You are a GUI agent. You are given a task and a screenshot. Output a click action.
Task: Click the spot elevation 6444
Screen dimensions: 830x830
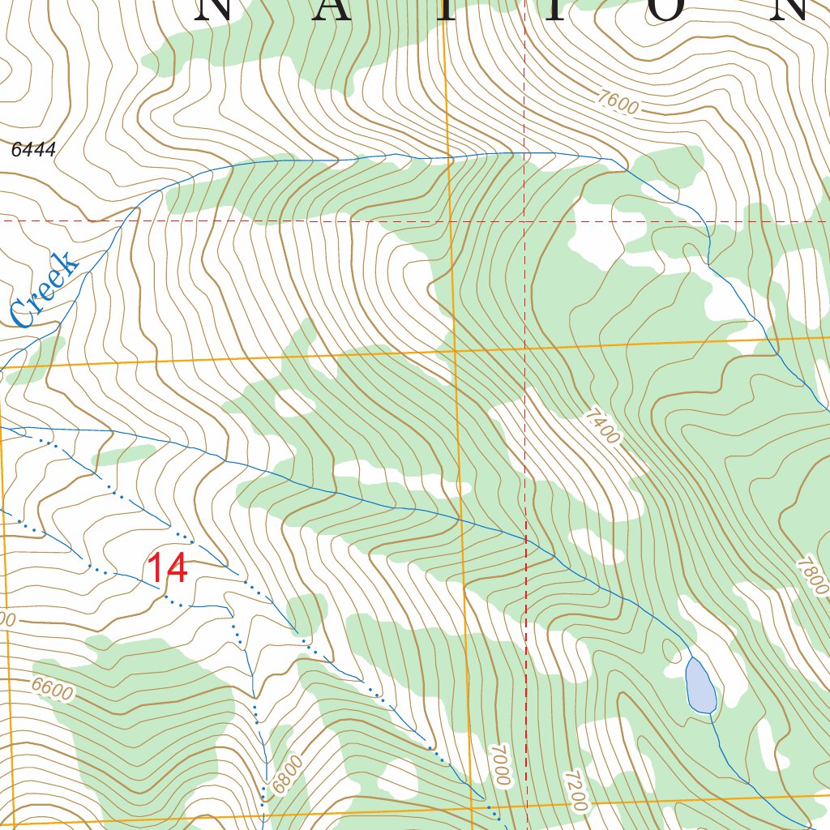click(34, 150)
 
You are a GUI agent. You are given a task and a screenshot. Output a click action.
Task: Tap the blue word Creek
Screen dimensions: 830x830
click(45, 289)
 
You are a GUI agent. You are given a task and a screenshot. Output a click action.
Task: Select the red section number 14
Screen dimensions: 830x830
click(167, 568)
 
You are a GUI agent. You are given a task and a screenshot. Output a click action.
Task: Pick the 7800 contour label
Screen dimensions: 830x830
click(812, 575)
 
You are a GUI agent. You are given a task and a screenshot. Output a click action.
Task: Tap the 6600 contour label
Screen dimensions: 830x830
click(53, 688)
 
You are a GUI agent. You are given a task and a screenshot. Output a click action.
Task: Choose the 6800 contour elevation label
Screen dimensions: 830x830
click(287, 774)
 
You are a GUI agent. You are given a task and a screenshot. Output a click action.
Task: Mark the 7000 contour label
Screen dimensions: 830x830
click(500, 764)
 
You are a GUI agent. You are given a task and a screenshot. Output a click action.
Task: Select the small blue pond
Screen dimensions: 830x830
click(700, 686)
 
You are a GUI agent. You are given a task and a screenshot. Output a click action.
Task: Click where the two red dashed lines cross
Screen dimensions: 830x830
click(525, 220)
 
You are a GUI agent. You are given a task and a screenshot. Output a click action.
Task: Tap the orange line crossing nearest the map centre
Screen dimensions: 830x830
click(456, 351)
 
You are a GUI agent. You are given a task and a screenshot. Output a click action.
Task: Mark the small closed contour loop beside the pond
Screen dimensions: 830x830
click(671, 649)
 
